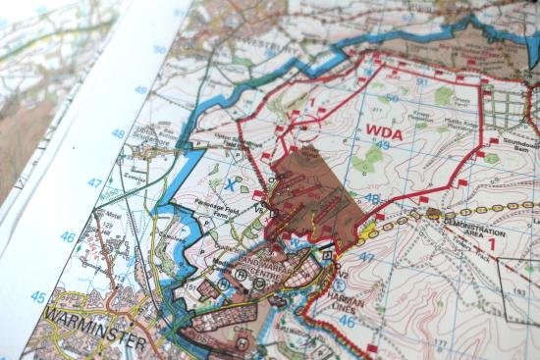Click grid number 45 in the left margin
coord(37,296)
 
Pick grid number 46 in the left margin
coord(67,236)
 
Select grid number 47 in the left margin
coord(94,182)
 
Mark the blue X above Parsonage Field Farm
coord(230,181)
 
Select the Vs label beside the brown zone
coord(260,207)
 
